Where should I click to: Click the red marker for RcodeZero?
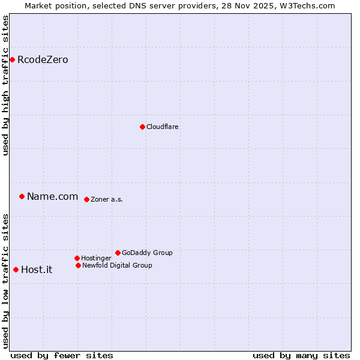12,59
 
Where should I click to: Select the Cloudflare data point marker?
142,127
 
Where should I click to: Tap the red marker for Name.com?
22,196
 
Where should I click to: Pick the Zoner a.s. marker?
86,199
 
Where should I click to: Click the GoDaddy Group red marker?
118,253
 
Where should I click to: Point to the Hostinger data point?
77,258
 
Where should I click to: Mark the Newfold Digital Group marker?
78,265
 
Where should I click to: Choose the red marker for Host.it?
16,269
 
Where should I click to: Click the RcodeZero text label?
43,59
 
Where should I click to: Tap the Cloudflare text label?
162,127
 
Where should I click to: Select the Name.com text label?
52,196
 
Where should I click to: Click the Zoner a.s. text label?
107,199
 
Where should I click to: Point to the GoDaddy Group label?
147,253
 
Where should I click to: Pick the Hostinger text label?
96,258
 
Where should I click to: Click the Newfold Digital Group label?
117,265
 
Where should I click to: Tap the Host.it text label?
37,269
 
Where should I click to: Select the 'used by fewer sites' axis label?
62,355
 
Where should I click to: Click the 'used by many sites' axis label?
301,355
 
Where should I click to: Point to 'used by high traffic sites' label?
6,86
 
